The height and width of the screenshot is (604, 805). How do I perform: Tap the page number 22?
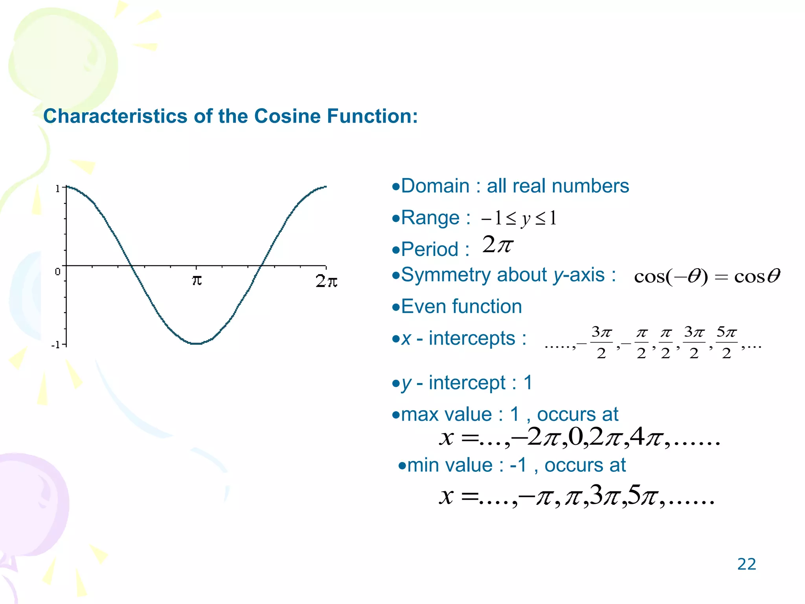(746, 564)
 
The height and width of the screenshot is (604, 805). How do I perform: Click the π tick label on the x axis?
(197, 280)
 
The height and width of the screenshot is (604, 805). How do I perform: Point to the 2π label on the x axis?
(326, 281)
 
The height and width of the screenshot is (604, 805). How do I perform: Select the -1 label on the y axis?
(56, 345)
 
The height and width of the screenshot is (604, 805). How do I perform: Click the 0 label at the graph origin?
(57, 272)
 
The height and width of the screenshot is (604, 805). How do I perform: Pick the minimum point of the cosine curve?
(196, 343)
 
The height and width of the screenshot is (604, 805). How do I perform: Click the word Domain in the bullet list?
(435, 186)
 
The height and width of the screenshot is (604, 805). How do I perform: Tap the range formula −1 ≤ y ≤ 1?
(519, 219)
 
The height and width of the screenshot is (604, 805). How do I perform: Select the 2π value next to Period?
(498, 245)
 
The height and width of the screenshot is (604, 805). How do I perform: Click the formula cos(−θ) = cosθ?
(707, 276)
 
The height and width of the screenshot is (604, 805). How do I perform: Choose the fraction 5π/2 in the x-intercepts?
(726, 343)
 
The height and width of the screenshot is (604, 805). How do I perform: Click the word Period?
(430, 250)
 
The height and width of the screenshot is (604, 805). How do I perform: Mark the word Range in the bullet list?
(430, 218)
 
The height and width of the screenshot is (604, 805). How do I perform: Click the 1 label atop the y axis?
(57, 189)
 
